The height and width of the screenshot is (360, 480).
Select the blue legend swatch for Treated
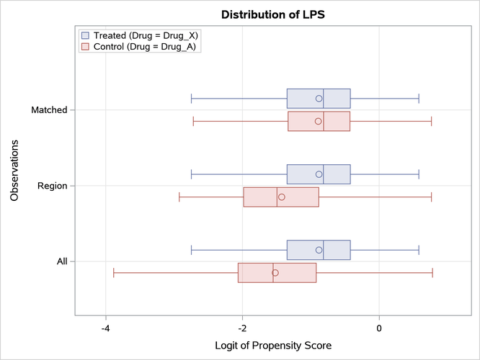(x=86, y=35)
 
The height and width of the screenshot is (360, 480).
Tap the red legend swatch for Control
(x=86, y=46)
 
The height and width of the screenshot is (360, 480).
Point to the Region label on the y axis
(x=52, y=186)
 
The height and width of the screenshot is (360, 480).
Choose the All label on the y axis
(x=62, y=261)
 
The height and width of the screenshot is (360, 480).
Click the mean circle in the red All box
(x=275, y=273)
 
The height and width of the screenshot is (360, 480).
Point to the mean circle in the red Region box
(x=282, y=197)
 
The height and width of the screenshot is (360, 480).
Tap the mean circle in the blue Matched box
(x=319, y=98)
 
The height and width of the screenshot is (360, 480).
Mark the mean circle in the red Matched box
(x=318, y=122)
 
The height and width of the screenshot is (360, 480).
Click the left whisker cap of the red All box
(x=114, y=273)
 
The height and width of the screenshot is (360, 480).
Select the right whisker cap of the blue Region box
(x=419, y=174)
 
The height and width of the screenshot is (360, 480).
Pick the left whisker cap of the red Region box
(x=179, y=197)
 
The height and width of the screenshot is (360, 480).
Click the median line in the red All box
(x=273, y=273)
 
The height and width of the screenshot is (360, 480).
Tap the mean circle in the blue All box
(x=319, y=250)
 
